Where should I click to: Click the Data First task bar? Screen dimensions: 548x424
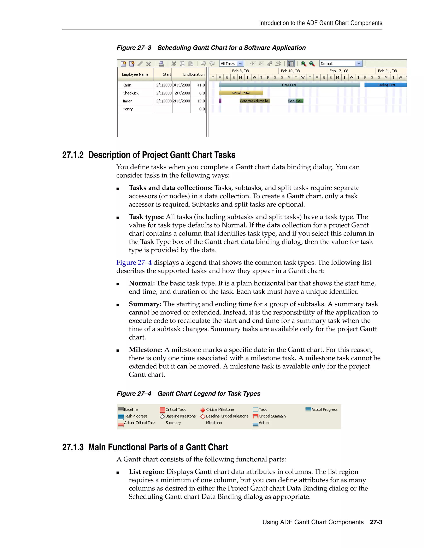click(289, 85)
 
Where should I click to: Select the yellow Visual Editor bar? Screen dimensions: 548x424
click(241, 93)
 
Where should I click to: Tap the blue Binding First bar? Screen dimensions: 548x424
click(385, 85)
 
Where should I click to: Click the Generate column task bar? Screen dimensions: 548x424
click(254, 101)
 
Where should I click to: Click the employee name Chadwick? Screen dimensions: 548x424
click(130, 93)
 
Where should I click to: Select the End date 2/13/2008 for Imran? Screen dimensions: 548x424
click(181, 101)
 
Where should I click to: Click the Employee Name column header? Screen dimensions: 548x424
click(135, 74)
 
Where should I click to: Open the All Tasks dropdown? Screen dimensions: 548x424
click(231, 64)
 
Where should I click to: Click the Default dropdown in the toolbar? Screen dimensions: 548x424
click(341, 64)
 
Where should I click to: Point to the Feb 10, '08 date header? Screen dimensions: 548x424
click(290, 71)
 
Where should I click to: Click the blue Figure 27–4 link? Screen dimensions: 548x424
click(134, 262)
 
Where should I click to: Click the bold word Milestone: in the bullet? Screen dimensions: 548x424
click(145, 350)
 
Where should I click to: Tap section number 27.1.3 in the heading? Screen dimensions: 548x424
click(73, 447)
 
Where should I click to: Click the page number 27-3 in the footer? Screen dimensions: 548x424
click(376, 522)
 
